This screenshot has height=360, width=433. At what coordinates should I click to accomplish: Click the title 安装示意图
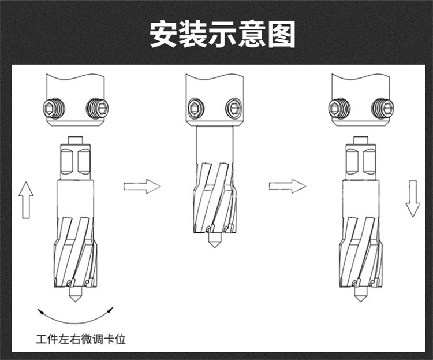click(222, 34)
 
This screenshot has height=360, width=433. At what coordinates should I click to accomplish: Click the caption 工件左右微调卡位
click(80, 337)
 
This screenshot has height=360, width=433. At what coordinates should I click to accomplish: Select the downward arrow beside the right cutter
click(412, 198)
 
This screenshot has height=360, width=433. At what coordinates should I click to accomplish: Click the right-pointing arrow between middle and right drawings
click(286, 186)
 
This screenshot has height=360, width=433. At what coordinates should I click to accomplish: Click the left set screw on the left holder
click(52, 106)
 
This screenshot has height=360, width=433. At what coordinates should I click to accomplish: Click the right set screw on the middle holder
click(233, 106)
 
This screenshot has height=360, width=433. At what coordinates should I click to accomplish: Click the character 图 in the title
click(281, 34)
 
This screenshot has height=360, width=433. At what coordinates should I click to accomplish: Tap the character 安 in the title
click(164, 34)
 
